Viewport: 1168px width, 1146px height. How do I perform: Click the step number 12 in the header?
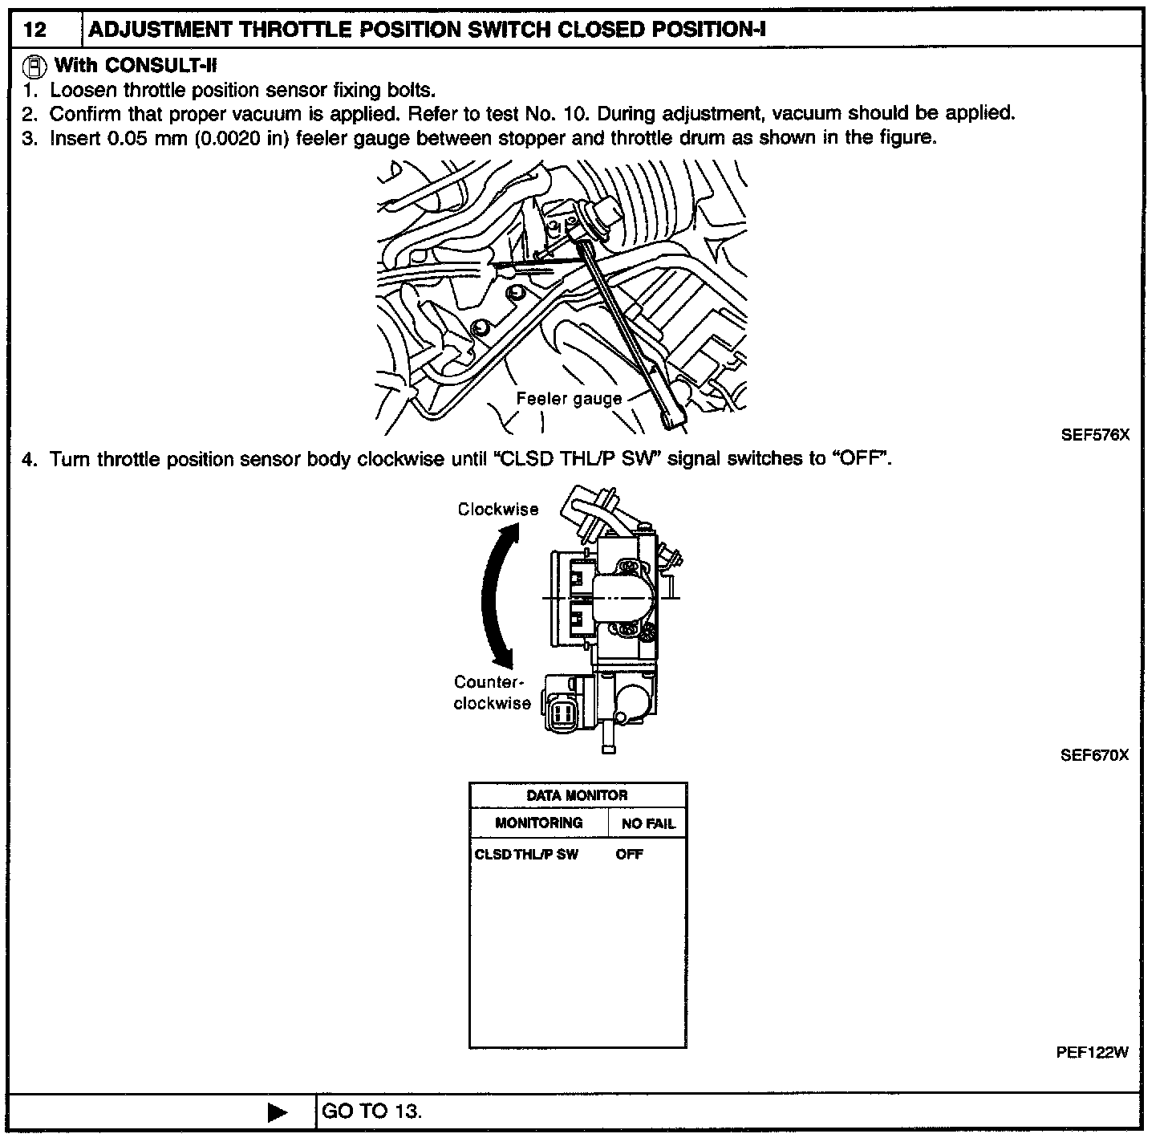pyautogui.click(x=35, y=30)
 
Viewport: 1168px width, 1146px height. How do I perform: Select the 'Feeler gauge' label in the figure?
pyautogui.click(x=569, y=399)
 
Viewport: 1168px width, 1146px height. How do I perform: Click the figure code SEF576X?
pyautogui.click(x=1095, y=436)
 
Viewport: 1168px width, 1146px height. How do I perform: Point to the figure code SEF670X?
pyautogui.click(x=1094, y=755)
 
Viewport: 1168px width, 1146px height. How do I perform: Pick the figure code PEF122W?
pyautogui.click(x=1093, y=1053)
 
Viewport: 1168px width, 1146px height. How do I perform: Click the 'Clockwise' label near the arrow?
pyautogui.click(x=498, y=509)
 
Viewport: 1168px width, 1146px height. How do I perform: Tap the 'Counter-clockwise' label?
pyautogui.click(x=492, y=693)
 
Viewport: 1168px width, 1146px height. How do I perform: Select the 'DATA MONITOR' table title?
pyautogui.click(x=577, y=795)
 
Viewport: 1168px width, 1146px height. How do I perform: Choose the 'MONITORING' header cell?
pyautogui.click(x=538, y=823)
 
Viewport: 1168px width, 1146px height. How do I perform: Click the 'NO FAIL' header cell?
pyautogui.click(x=648, y=823)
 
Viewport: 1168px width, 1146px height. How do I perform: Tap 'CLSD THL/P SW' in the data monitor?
pyautogui.click(x=526, y=854)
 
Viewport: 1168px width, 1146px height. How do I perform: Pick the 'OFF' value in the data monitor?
pyautogui.click(x=630, y=854)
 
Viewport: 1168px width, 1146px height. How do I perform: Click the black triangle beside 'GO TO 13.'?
pyautogui.click(x=278, y=1112)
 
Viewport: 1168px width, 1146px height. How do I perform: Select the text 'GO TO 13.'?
pyautogui.click(x=371, y=1111)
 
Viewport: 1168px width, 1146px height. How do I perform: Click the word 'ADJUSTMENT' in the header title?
pyautogui.click(x=159, y=30)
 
